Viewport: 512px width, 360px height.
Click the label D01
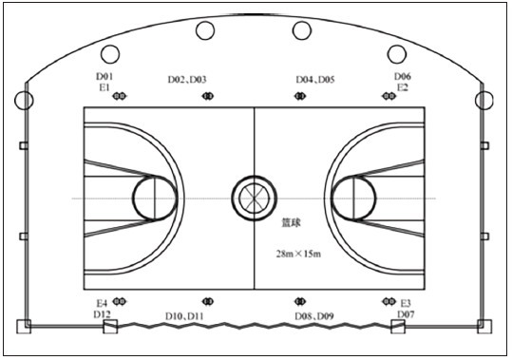coord(104,76)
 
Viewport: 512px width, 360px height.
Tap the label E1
coord(104,87)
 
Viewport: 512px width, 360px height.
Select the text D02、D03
coord(187,80)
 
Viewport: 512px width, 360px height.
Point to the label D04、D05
coord(315,80)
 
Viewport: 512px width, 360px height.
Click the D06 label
coord(403,76)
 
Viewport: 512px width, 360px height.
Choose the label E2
coord(403,87)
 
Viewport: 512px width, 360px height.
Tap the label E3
coord(406,304)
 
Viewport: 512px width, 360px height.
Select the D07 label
coord(406,314)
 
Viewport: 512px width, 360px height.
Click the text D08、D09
coord(314,316)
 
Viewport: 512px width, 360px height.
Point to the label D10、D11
coord(184,316)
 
